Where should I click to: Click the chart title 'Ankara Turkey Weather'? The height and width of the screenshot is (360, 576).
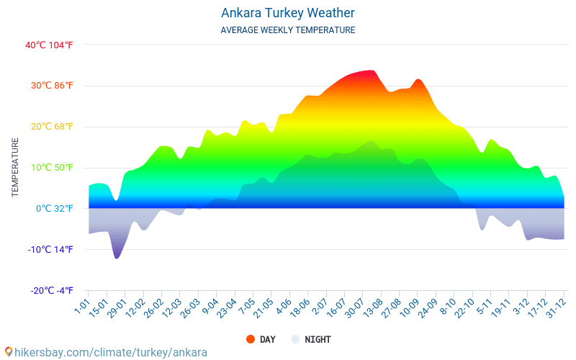[287, 13]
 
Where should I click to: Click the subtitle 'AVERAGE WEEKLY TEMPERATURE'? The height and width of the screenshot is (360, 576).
[287, 30]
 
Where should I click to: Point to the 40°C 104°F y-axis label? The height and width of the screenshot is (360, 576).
[49, 45]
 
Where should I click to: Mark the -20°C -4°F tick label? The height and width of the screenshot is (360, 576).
[49, 291]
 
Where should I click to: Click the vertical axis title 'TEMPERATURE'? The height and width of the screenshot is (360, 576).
[15, 168]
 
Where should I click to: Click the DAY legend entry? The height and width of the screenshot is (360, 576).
[260, 339]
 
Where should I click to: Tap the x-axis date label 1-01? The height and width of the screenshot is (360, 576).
[81, 308]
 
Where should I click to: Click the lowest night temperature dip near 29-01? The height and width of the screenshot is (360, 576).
[117, 257]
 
